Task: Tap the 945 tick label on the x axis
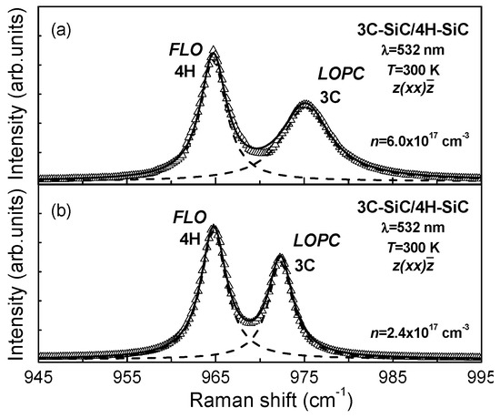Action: [38, 376]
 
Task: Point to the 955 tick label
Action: [126, 376]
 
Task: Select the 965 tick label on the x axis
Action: [215, 376]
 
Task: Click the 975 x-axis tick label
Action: [304, 376]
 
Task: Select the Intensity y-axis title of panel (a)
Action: [12, 100]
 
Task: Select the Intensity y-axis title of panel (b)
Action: [12, 278]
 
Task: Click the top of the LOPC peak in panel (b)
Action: [281, 258]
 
